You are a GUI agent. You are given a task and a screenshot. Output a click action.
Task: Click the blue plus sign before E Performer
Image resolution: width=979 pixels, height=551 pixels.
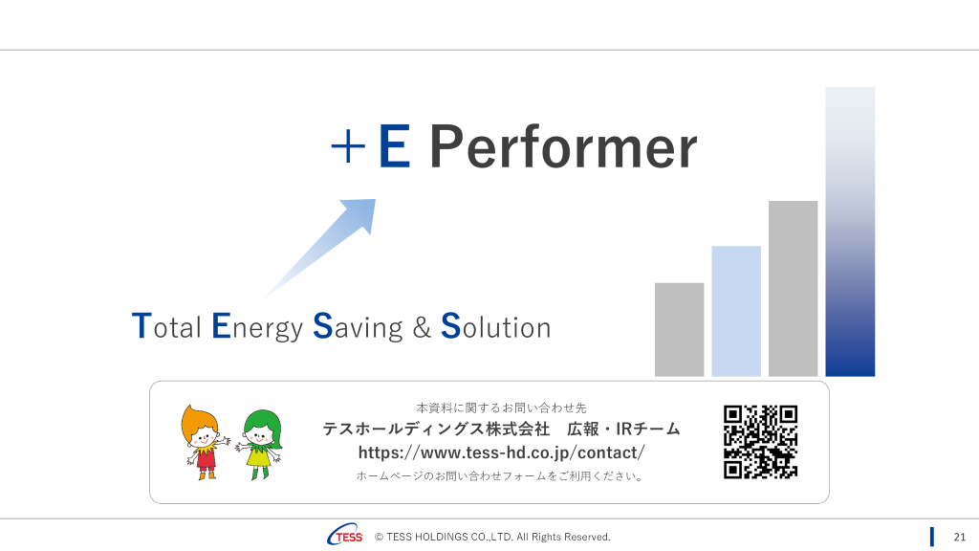click(348, 147)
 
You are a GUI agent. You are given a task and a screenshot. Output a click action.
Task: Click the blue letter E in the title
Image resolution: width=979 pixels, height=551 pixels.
click(395, 146)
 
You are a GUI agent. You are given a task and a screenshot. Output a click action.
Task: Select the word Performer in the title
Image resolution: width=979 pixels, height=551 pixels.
click(562, 146)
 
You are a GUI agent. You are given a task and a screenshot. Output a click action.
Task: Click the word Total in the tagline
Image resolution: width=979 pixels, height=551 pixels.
click(166, 326)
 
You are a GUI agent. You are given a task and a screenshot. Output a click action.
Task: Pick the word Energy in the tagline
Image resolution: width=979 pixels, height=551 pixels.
click(257, 327)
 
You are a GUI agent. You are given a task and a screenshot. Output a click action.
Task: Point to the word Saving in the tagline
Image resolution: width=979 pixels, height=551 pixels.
click(358, 327)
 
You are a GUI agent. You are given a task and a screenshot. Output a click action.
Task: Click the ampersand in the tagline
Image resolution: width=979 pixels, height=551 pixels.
click(422, 327)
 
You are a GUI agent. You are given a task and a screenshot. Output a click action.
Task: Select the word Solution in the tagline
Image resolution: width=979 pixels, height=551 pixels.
click(496, 326)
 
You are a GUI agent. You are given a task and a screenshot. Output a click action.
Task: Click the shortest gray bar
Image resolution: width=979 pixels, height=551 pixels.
click(680, 329)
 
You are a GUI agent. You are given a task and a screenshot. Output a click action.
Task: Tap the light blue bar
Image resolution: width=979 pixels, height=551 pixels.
click(736, 311)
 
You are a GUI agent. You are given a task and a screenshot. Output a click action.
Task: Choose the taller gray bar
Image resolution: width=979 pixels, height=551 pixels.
click(793, 289)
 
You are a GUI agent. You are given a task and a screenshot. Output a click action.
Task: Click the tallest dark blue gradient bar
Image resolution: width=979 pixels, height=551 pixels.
click(850, 231)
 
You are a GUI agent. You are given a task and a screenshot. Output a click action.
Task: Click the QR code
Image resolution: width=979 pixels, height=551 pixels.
click(760, 442)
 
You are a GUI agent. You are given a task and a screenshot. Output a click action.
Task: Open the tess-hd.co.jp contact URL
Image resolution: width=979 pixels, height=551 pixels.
click(501, 452)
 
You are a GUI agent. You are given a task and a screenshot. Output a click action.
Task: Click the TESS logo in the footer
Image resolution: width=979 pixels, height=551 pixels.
click(344, 535)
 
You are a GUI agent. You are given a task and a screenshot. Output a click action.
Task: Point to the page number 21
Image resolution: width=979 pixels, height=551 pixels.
click(960, 538)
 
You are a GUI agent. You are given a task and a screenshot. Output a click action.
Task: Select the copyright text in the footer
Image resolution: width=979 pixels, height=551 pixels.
click(492, 537)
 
